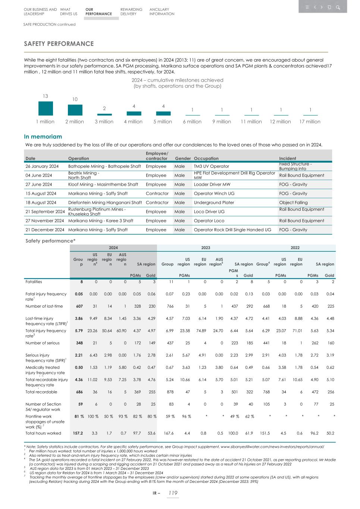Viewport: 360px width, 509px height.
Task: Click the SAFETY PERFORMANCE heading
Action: [59, 44]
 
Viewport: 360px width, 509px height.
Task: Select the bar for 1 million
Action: [46, 109]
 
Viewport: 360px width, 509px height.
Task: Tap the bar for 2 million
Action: [75, 110]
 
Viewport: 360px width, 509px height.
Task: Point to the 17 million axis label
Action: [310, 122]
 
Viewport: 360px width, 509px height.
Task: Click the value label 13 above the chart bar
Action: [45, 96]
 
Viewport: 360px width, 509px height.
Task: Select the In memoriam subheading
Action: [43, 136]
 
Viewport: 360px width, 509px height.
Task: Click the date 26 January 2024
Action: [42, 166]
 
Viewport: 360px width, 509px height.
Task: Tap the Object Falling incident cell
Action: [293, 202]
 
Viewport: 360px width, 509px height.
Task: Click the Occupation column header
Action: [206, 158]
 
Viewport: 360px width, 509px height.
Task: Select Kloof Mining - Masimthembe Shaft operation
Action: [103, 185]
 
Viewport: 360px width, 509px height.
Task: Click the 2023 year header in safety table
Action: [206, 248]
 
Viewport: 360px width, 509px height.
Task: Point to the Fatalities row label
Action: [34, 282]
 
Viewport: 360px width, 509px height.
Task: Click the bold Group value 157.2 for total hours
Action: [78, 433]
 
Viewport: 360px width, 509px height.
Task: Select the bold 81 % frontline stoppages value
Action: [79, 417]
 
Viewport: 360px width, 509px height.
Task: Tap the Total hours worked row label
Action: [43, 433]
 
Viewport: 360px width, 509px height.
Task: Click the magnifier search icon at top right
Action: [338, 7]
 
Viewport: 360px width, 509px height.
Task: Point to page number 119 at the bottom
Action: [172, 493]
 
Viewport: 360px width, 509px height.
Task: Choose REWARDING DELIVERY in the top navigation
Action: [131, 12]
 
